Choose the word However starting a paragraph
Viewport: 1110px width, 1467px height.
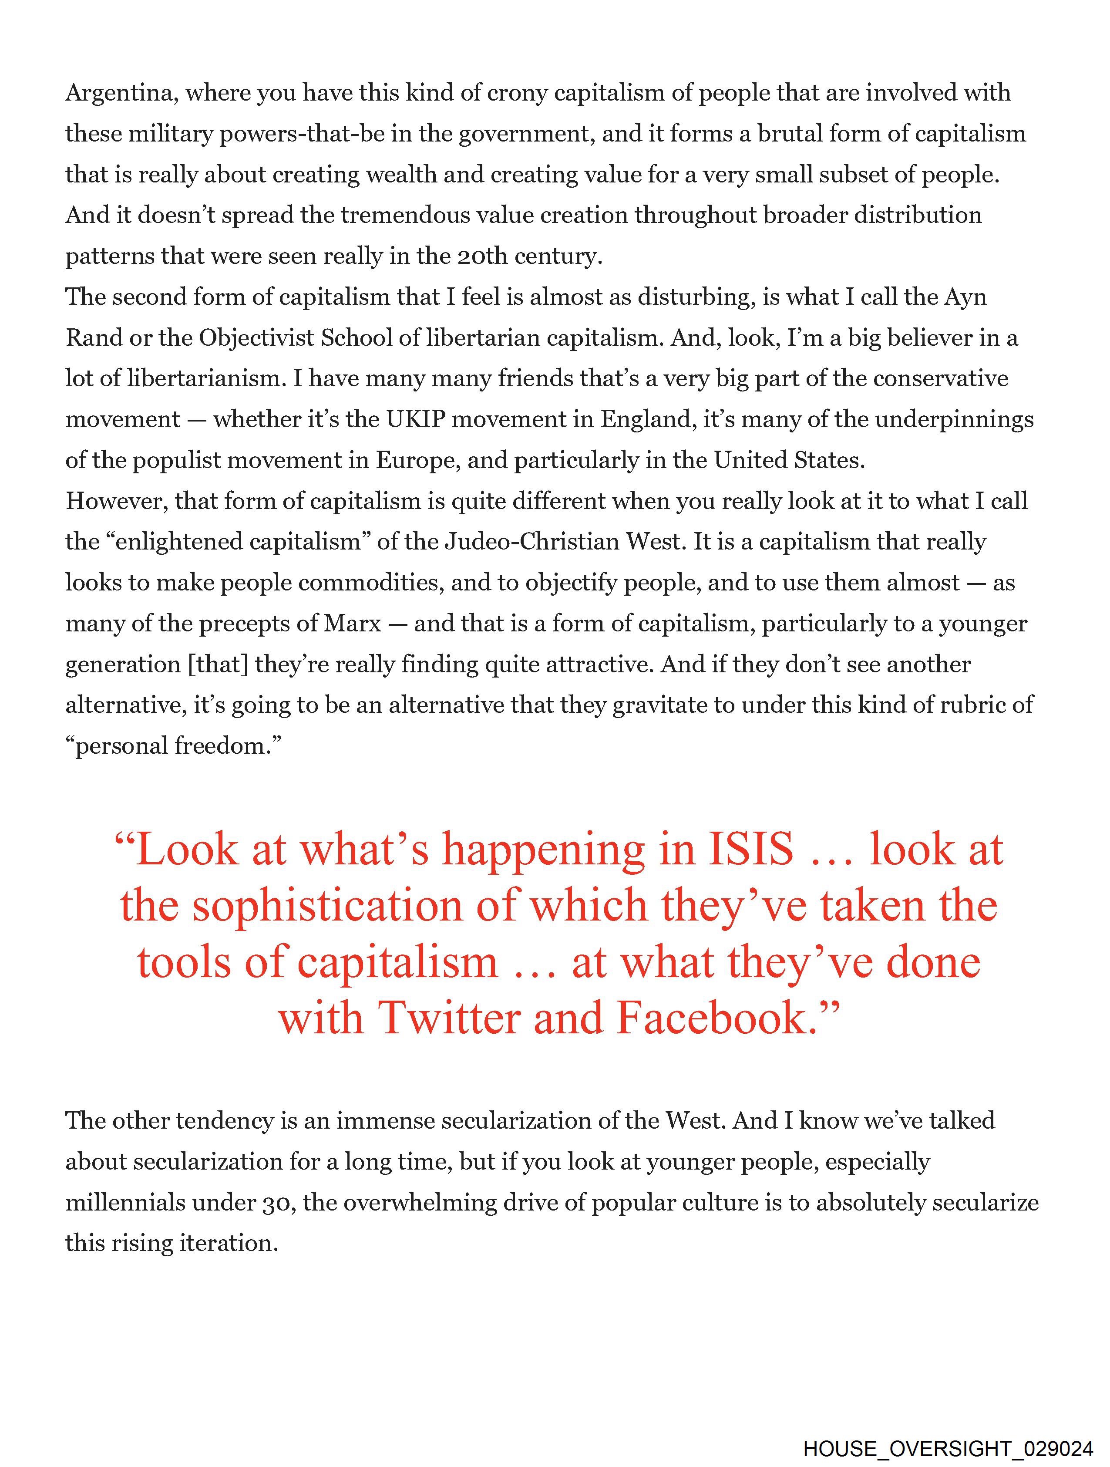tap(116, 501)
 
